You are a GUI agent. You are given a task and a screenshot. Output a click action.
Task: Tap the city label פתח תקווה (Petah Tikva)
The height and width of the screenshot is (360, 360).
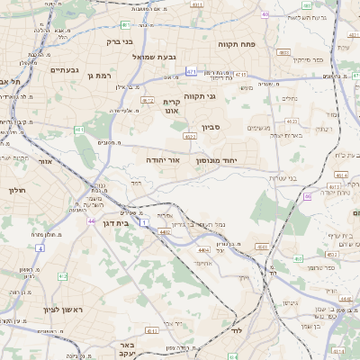pyautogui.click(x=238, y=43)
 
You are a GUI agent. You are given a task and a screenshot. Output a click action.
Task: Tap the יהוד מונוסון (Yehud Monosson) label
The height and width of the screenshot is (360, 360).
pyautogui.click(x=215, y=161)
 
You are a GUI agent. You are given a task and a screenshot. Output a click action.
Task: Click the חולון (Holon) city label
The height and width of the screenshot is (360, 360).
pyautogui.click(x=17, y=190)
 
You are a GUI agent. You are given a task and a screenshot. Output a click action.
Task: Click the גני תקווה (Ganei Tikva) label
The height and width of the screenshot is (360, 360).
pyautogui.click(x=199, y=95)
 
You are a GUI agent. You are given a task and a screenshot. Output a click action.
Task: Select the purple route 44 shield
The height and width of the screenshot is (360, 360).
pyautogui.click(x=91, y=220)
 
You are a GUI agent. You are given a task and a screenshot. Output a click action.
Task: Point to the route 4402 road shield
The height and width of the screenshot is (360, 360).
pyautogui.click(x=165, y=231)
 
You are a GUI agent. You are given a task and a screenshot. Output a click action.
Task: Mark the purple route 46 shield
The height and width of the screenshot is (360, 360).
pyautogui.click(x=308, y=195)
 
